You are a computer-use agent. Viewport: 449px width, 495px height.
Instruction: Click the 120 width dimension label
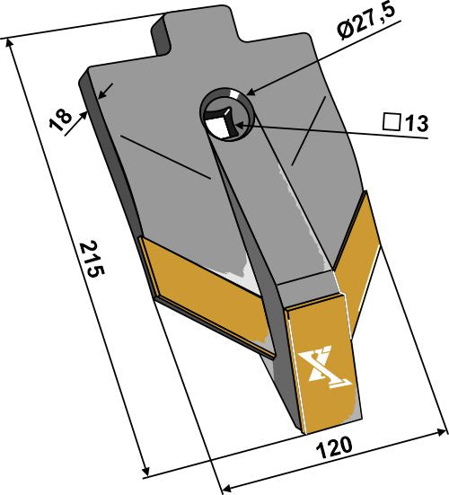click(331, 447)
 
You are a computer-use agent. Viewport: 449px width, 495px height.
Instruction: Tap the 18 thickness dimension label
click(61, 119)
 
